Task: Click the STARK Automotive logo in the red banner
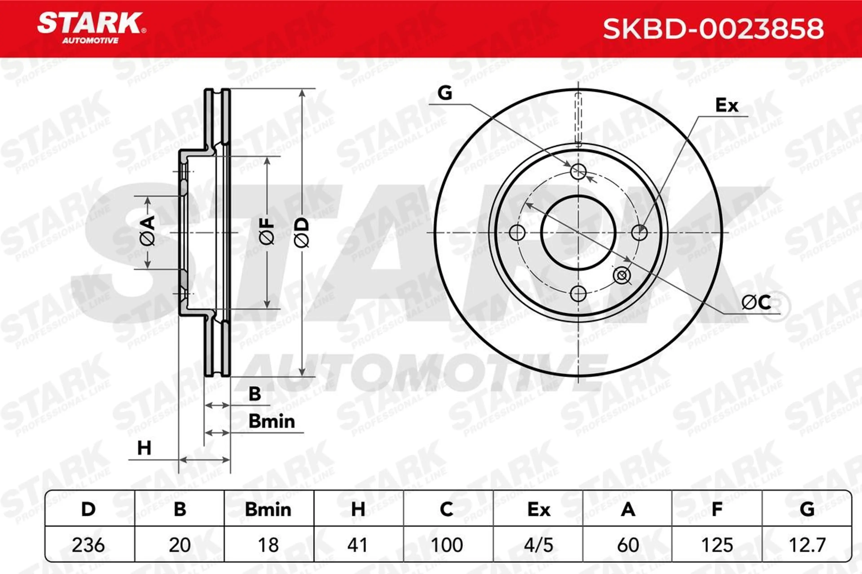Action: point(91,28)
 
